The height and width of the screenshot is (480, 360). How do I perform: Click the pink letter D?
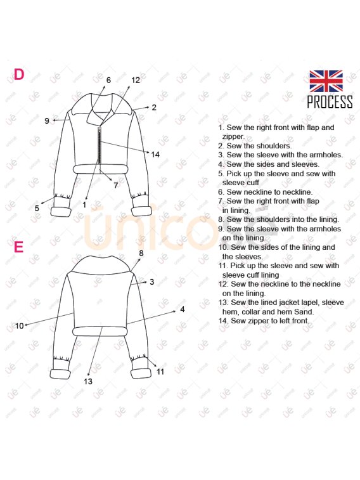click(x=19, y=74)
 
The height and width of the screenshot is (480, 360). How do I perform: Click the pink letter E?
click(x=18, y=247)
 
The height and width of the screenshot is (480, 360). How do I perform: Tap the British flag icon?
click(x=326, y=81)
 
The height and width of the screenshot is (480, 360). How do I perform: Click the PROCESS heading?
click(x=330, y=102)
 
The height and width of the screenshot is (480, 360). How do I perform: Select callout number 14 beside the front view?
click(x=155, y=155)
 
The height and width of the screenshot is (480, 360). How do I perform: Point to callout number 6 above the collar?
click(x=108, y=80)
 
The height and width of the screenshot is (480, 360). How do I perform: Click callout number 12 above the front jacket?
click(x=136, y=80)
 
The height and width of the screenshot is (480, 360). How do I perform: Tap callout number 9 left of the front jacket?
click(x=46, y=121)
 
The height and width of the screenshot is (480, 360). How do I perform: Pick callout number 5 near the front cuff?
click(x=37, y=209)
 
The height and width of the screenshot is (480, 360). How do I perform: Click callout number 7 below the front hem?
click(x=115, y=185)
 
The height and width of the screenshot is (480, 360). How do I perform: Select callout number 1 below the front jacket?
click(x=84, y=205)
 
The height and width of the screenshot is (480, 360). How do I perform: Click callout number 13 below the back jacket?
click(x=88, y=382)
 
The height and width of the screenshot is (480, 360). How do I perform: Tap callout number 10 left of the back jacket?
click(x=19, y=326)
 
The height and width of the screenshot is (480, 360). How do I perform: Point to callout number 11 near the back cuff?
click(x=160, y=372)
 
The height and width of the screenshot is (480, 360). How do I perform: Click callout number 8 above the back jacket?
click(x=141, y=253)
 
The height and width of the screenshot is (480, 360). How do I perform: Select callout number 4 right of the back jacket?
click(x=183, y=309)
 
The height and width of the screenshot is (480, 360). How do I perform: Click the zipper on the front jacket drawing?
click(x=99, y=145)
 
